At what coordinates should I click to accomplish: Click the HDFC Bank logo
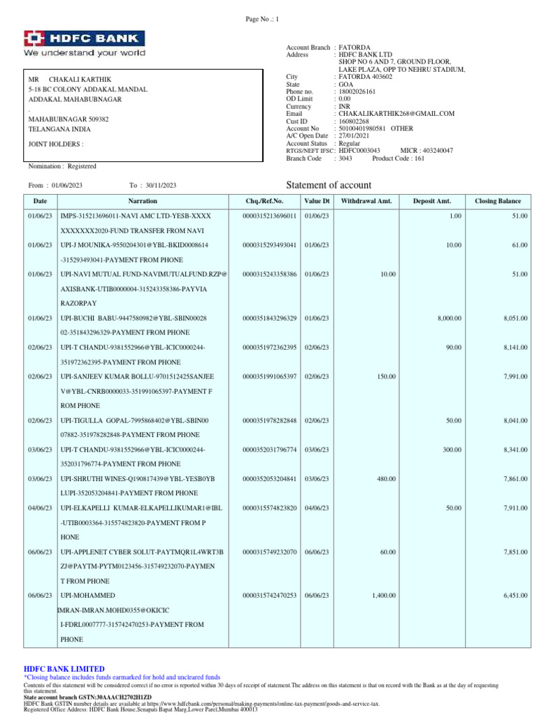coord(85,43)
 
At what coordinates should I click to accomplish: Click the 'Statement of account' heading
coord(329,185)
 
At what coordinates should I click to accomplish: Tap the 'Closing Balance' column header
coord(498,201)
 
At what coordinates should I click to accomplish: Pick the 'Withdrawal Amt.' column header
coord(366,201)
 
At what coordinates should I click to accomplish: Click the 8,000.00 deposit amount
coord(450,318)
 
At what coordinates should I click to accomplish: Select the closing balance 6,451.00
coord(515,595)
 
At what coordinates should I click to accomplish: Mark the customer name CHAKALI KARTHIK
coord(80,80)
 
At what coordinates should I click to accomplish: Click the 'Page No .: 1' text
coord(262,20)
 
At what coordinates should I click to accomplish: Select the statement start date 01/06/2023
coord(67,185)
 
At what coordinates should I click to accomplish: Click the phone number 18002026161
coord(357,91)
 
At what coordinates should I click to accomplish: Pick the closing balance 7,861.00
coord(515,479)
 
